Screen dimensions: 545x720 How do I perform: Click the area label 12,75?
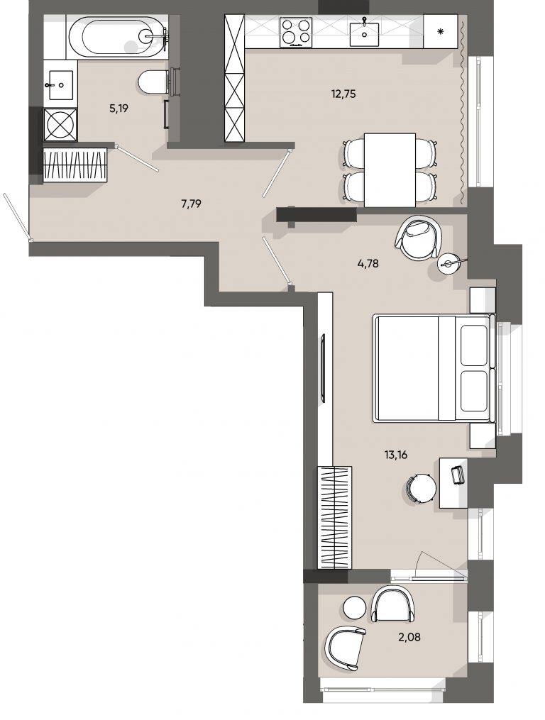click(x=343, y=94)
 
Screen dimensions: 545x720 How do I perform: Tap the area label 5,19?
click(x=118, y=109)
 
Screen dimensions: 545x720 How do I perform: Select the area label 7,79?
click(x=191, y=204)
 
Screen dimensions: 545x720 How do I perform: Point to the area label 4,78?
click(x=368, y=264)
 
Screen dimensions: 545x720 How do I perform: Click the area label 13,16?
click(x=396, y=455)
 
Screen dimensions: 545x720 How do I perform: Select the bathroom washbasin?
click(x=60, y=85)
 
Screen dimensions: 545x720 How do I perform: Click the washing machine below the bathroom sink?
click(x=60, y=124)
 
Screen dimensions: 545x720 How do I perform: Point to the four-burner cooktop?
click(x=296, y=32)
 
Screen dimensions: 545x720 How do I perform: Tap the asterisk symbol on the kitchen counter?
click(x=440, y=32)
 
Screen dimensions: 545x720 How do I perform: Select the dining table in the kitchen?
click(x=390, y=170)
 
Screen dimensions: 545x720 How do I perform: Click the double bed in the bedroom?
click(x=434, y=367)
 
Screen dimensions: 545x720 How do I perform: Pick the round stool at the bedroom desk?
click(x=422, y=489)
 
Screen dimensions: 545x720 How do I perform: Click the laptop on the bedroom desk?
click(x=458, y=475)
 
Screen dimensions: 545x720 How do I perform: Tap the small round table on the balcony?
click(x=356, y=607)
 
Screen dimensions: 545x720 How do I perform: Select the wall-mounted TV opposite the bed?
click(x=323, y=367)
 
